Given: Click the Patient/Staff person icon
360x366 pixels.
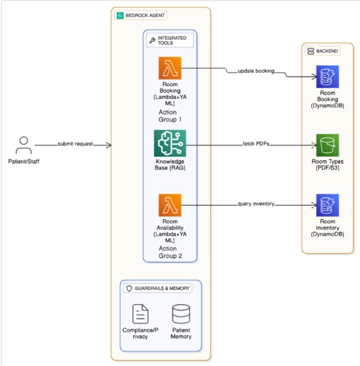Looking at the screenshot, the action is pos(24,145).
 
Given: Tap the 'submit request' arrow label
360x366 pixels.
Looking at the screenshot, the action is pos(75,144).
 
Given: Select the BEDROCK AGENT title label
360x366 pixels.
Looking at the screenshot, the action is pos(145,15).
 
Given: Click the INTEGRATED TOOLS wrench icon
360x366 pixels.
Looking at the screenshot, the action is pos(152,40).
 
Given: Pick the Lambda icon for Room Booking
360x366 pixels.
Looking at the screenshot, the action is pos(170,68).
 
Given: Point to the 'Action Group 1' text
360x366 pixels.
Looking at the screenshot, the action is pos(170,116).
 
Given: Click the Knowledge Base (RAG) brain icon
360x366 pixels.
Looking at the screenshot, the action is pos(170,143).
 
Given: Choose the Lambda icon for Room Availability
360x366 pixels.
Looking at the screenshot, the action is pos(170,205).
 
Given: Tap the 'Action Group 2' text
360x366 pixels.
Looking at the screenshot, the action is pos(170,252).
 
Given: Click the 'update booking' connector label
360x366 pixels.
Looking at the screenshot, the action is pos(256,71).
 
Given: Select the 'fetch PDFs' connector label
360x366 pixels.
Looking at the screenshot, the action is pos(256,144).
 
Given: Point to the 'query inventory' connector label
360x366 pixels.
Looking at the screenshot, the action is pos(256,204).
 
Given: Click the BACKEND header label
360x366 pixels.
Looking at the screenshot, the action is pos(327,51).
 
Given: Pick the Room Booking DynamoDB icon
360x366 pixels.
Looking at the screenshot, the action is pos(327,77).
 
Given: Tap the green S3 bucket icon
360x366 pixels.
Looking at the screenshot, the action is pos(327,145).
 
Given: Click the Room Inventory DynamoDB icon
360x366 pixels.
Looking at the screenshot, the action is pos(327,205).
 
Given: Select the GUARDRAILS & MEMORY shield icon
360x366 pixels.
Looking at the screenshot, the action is pos(129,288).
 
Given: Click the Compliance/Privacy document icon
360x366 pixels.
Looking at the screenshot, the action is pos(140,314).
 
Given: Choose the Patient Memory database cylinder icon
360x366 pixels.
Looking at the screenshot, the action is pos(181,314).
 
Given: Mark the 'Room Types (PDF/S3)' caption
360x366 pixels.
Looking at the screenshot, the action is pos(327,165).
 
